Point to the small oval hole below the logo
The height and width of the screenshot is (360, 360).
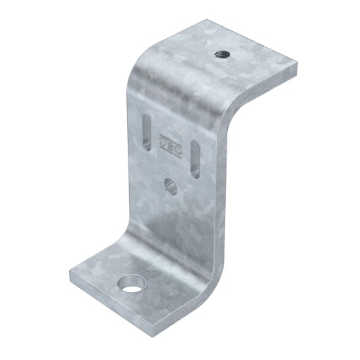point(169,186)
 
